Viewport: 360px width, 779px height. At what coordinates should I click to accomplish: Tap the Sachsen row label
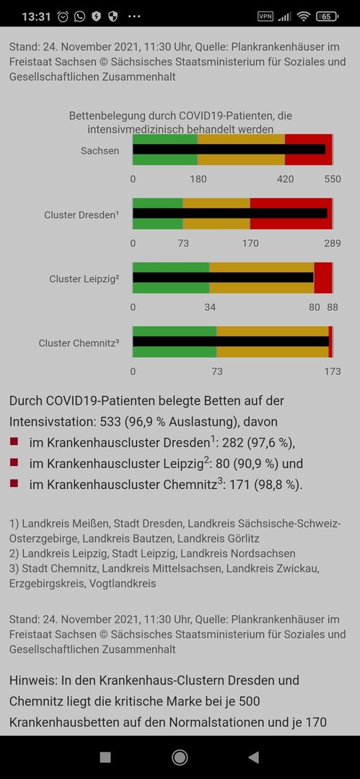[x=100, y=151]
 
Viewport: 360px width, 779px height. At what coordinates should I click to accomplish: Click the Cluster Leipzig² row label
[x=84, y=278]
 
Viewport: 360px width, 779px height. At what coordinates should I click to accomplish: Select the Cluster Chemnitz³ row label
[x=79, y=343]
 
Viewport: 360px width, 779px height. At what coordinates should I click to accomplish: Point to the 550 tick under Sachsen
[x=333, y=179]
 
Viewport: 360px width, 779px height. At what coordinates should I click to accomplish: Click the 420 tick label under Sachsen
[x=286, y=179]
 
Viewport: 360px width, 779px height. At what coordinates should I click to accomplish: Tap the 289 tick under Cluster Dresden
[x=333, y=243]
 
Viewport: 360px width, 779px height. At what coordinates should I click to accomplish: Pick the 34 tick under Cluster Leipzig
[x=210, y=307]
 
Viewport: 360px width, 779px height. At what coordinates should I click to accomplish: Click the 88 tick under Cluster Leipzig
[x=332, y=307]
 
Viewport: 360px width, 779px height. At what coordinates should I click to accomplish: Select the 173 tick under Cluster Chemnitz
[x=333, y=371]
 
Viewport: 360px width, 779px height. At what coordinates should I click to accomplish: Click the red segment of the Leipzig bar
[x=323, y=278]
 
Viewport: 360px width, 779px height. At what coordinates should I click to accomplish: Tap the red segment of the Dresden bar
[x=291, y=214]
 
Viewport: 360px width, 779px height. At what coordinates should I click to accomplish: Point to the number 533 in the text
[x=110, y=422]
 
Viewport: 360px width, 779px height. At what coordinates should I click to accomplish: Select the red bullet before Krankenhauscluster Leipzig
[x=14, y=462]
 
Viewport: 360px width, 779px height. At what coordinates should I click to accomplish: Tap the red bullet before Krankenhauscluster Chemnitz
[x=14, y=483]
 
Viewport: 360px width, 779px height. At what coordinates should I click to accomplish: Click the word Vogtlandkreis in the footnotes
[x=123, y=584]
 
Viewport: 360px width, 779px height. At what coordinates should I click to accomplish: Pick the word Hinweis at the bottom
[x=30, y=680]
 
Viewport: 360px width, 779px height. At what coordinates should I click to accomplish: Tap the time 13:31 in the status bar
[x=36, y=17]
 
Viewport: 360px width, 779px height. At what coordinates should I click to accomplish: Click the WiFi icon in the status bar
[x=303, y=17]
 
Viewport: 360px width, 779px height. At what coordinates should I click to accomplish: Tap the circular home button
[x=180, y=757]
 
